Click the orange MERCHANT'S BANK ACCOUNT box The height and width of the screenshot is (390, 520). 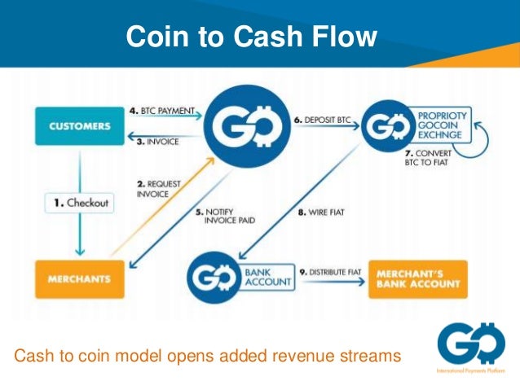(418, 278)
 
